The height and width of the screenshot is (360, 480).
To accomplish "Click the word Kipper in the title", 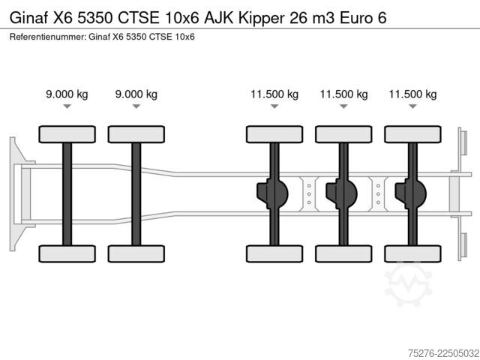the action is tap(262, 18).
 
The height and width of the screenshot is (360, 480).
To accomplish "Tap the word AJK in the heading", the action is tap(218, 18).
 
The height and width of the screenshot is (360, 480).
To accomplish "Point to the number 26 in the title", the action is tap(298, 18).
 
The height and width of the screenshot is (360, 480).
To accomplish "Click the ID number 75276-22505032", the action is tap(443, 353).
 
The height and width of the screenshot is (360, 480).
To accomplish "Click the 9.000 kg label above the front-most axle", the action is tap(67, 94).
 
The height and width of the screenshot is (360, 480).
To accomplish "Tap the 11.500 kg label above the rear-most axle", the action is tap(412, 94).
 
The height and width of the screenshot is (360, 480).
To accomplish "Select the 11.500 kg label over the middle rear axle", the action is tap(343, 94).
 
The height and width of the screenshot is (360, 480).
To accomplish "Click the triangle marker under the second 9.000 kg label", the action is tap(136, 106).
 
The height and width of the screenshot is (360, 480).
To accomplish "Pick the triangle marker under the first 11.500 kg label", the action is tap(274, 106).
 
